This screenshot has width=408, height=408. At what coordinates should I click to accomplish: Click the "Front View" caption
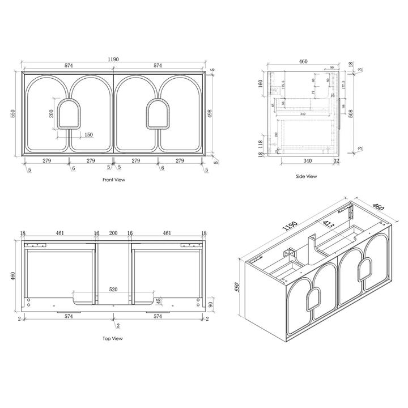coord(113,180)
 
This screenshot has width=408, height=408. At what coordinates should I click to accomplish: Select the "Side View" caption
coord(307,176)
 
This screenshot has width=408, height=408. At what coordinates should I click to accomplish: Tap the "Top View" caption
coord(113,338)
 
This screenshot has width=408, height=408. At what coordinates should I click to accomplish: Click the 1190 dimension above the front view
coord(113,58)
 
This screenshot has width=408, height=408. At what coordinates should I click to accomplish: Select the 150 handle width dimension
coord(88,135)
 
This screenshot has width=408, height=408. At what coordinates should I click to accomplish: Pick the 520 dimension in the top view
coord(113,290)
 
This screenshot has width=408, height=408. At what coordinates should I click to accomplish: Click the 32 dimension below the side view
coord(336,161)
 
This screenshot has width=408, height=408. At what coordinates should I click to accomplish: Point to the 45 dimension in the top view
coord(159,300)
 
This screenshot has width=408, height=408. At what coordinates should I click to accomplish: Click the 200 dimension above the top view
coord(113,233)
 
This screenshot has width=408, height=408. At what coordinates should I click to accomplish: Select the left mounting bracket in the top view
coord(37,245)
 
